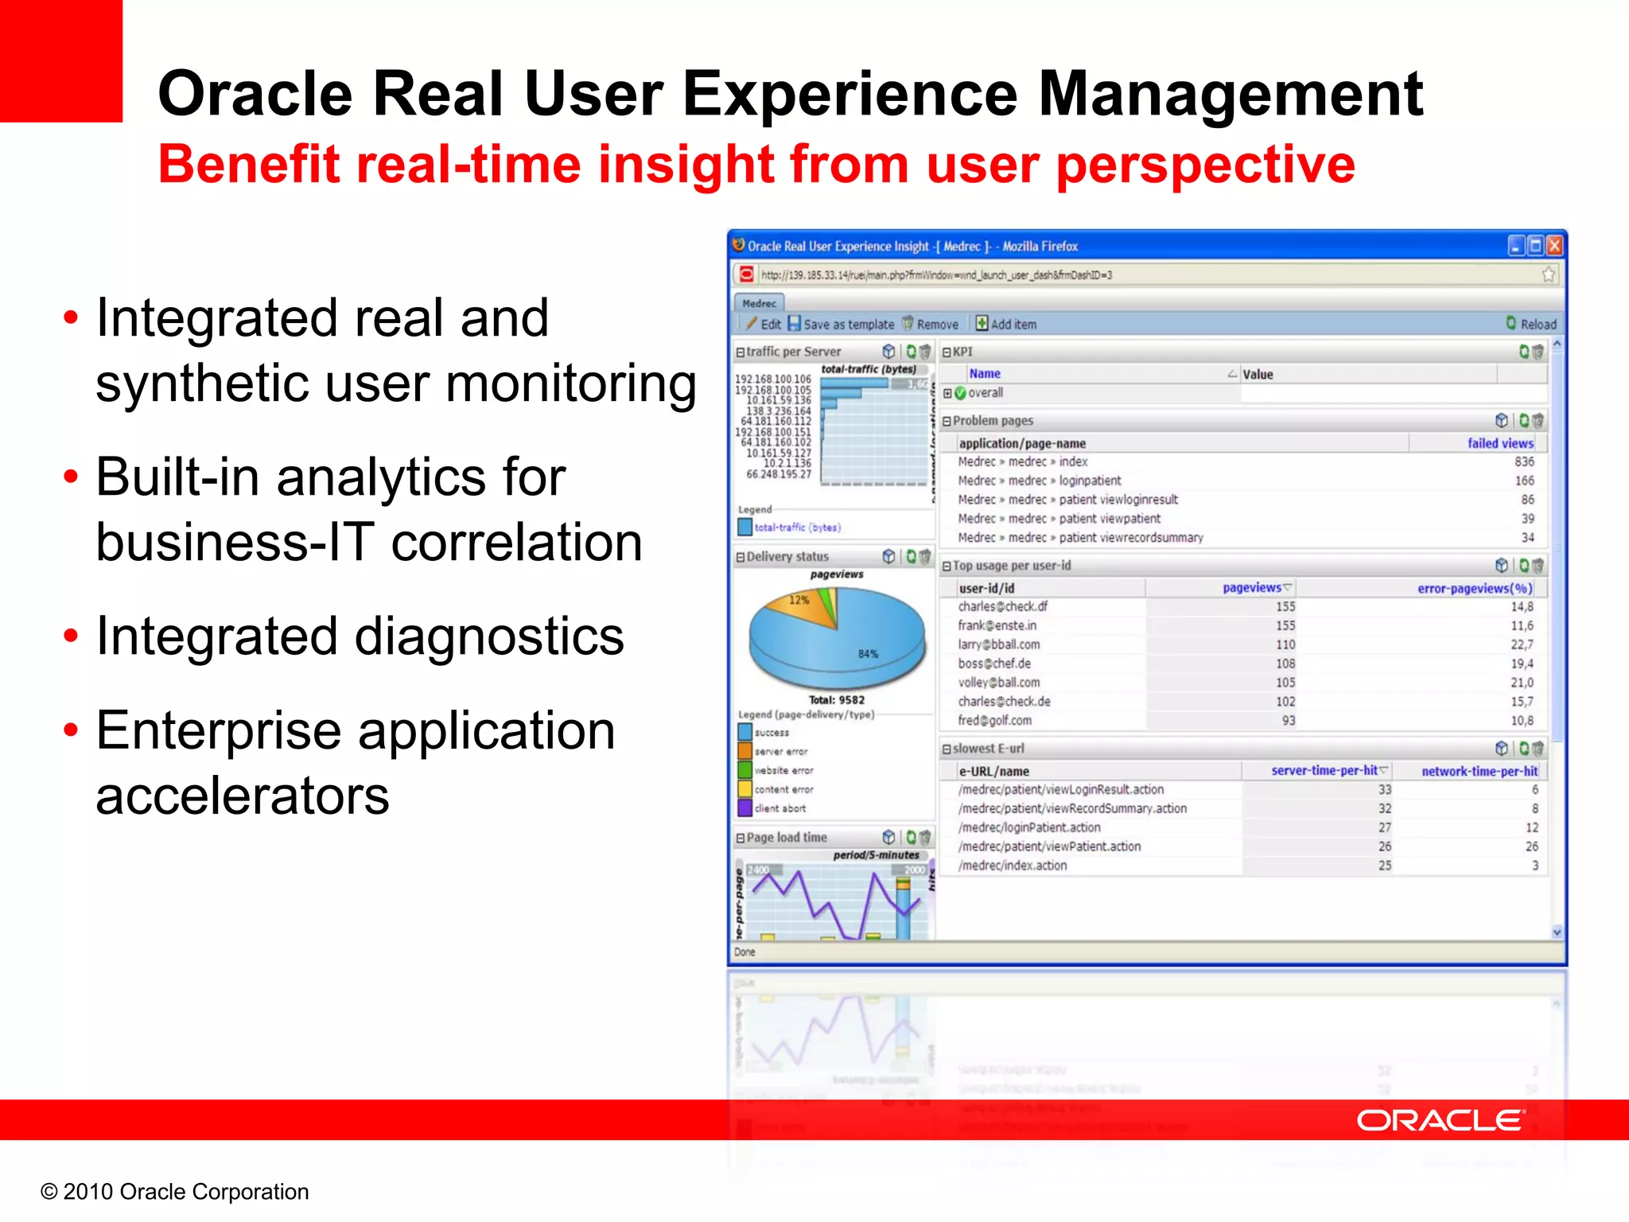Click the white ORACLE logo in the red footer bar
pos(1440,1120)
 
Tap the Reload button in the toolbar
pos(1531,324)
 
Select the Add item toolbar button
pos(1006,324)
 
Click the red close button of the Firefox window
pos(1554,246)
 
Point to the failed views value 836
pos(1524,461)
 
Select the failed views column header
pos(1499,443)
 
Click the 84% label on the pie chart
pos(868,654)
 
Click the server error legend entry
pos(780,751)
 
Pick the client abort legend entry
pos(780,808)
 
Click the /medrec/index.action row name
pos(1012,866)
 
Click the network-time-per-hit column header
pos(1479,771)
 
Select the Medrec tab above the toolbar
pos(759,303)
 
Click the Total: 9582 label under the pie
pos(836,700)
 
